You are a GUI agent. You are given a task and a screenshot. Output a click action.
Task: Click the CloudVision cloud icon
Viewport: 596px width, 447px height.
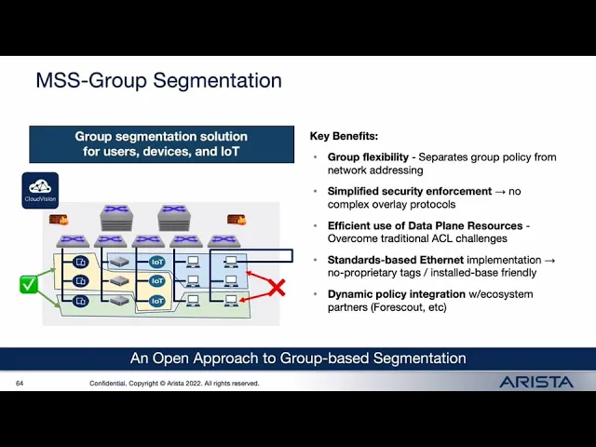point(40,186)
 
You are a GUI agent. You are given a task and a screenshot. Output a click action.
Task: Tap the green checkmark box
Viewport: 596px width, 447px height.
point(29,284)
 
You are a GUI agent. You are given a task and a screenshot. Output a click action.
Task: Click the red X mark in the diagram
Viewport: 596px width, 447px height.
point(276,288)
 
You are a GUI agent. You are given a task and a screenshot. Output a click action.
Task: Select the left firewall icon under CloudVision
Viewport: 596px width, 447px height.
point(59,221)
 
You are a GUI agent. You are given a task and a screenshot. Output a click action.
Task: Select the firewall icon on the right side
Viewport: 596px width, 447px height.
point(237,221)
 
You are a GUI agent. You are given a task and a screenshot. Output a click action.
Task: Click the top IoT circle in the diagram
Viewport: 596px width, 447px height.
point(157,263)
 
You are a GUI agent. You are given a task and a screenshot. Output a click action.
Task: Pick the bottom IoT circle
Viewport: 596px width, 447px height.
point(157,301)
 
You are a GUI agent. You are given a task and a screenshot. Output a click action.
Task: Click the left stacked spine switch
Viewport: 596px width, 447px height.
point(116,218)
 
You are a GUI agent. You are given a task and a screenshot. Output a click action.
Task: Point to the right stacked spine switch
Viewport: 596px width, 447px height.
point(173,218)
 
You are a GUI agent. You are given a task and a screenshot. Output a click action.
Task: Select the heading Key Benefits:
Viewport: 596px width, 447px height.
point(344,136)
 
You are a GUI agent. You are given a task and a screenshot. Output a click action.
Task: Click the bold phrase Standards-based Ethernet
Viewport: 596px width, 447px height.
point(395,260)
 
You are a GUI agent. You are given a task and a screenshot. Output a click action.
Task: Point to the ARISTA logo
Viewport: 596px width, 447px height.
point(536,382)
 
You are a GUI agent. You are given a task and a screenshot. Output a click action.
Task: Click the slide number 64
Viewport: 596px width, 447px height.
point(20,383)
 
